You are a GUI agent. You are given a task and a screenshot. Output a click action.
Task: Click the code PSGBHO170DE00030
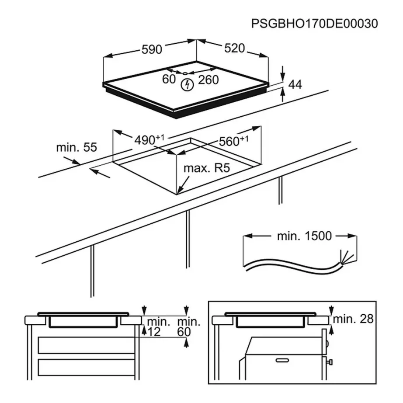tap(314, 24)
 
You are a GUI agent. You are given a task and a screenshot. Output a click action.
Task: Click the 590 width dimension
tap(151, 49)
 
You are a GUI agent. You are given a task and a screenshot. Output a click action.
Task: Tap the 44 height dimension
tap(295, 85)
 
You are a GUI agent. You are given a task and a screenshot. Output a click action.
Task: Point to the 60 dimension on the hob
tap(168, 80)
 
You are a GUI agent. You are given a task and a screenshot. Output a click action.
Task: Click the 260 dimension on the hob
tap(208, 80)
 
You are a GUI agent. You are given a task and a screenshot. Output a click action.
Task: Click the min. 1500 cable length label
tap(304, 236)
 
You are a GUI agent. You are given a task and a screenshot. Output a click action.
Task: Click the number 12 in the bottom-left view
tap(154, 332)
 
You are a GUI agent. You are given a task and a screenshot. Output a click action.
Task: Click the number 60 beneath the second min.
tap(184, 332)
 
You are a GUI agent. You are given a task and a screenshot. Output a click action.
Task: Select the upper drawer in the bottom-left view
tap(86, 344)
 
